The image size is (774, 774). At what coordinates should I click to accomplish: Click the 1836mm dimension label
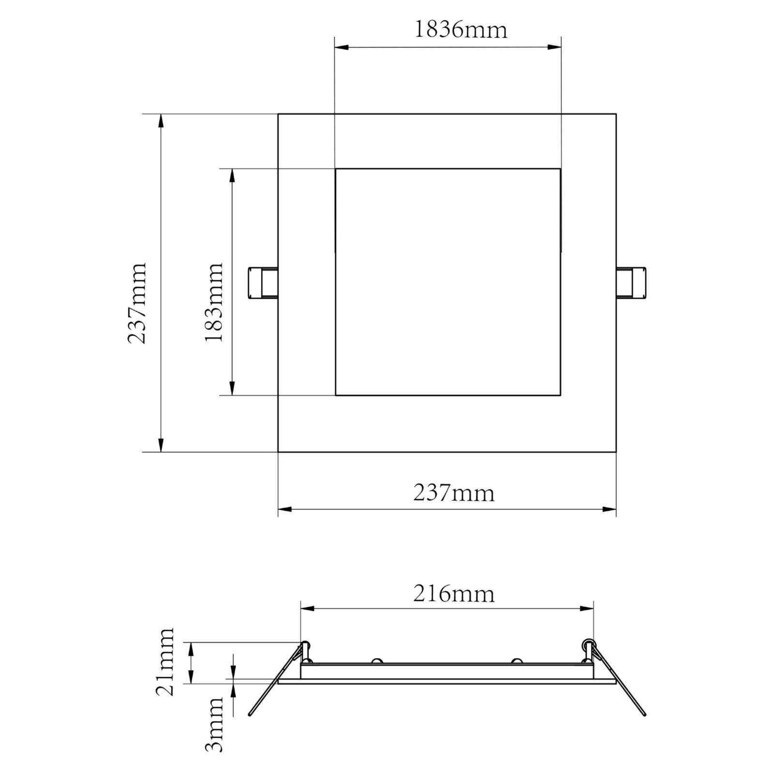point(461,30)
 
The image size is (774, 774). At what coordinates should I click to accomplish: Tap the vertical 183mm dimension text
point(214,302)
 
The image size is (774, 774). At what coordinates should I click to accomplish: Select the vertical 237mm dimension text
point(137,303)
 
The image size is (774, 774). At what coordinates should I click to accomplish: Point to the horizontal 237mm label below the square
point(454,493)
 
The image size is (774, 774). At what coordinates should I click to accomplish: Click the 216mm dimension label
point(454,594)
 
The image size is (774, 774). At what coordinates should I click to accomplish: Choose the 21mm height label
point(164,661)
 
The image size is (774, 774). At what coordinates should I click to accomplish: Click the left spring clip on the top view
point(263,283)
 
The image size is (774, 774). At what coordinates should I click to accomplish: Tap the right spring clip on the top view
point(631,283)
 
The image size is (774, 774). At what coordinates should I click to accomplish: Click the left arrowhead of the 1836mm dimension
point(342,47)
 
